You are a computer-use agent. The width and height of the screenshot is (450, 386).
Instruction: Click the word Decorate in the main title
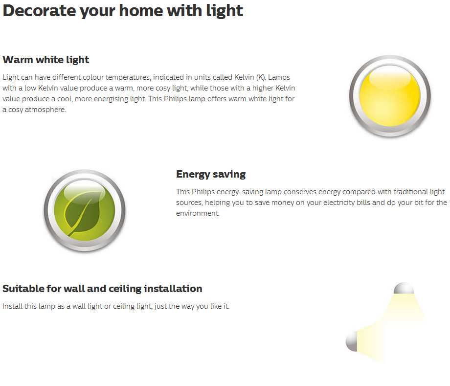pyautogui.click(x=39, y=11)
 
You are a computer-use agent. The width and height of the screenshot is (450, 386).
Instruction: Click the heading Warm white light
pyautogui.click(x=46, y=60)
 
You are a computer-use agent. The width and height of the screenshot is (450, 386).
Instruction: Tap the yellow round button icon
pyautogui.click(x=390, y=96)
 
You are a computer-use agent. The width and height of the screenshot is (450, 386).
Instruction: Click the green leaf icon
pyautogui.click(x=85, y=211)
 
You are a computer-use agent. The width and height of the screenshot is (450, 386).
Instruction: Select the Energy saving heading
pyautogui.click(x=211, y=174)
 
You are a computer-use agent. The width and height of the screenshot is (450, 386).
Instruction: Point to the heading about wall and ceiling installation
pyautogui.click(x=102, y=289)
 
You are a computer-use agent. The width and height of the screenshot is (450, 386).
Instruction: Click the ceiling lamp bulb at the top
pyautogui.click(x=404, y=288)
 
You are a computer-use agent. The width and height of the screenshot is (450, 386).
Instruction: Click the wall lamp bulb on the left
pyautogui.click(x=352, y=341)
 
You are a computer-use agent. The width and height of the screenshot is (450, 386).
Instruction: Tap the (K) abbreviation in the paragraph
pyautogui.click(x=261, y=77)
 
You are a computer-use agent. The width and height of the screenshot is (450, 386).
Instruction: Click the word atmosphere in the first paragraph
pyautogui.click(x=45, y=110)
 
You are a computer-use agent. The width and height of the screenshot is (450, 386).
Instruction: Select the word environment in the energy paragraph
pyautogui.click(x=198, y=213)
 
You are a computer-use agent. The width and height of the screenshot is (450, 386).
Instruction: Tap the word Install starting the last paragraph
pyautogui.click(x=12, y=306)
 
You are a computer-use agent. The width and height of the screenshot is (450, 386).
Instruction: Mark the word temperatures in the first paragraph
pyautogui.click(x=128, y=77)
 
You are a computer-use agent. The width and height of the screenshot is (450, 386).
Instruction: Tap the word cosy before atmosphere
pyautogui.click(x=16, y=110)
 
